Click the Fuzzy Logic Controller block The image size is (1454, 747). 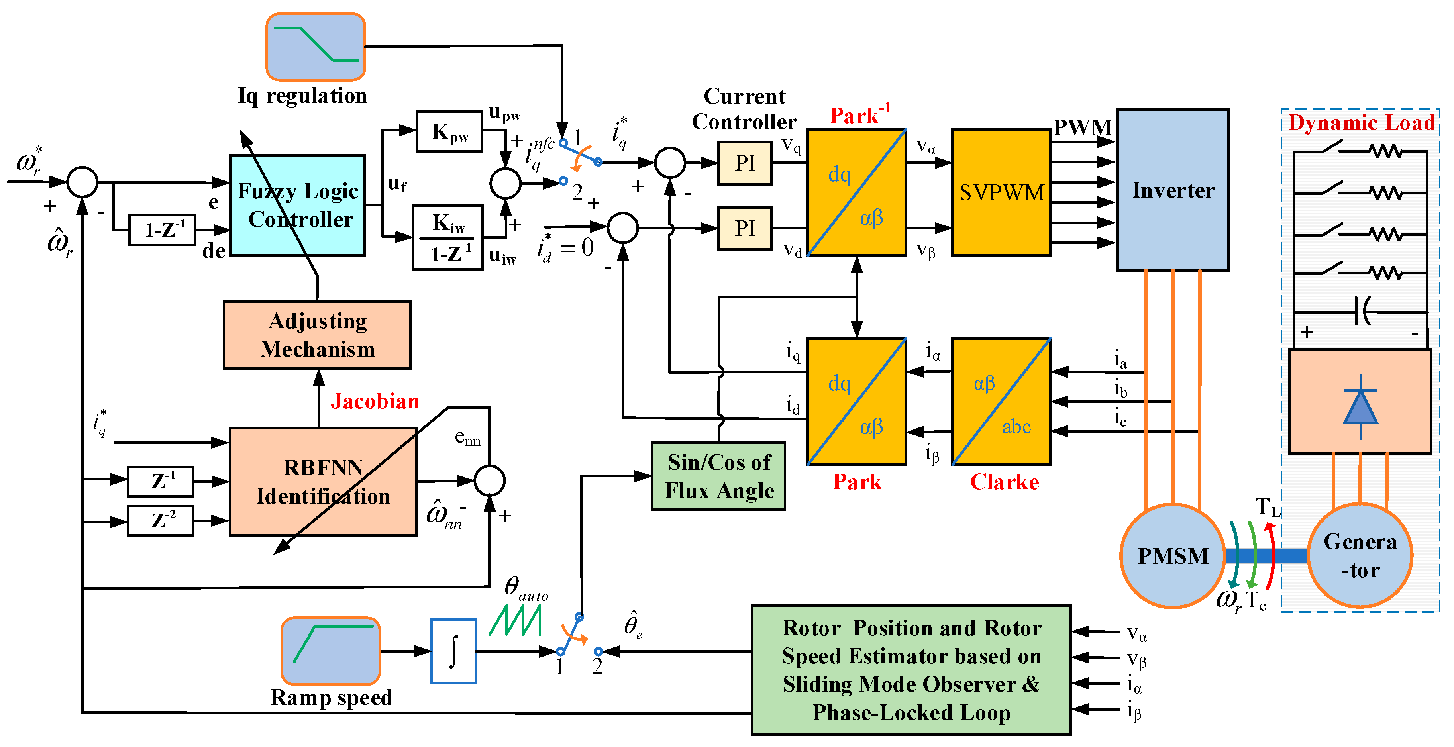[298, 205]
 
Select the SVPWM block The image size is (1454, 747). [1001, 192]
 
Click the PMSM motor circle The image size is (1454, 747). [1172, 556]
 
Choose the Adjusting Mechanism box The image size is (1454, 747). [317, 335]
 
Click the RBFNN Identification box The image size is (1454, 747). [323, 481]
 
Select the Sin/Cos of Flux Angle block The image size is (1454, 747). [718, 476]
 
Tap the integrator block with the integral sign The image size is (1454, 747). [453, 651]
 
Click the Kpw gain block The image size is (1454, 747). [449, 131]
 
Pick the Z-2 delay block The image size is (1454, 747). [161, 520]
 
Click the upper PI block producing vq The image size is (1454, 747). [744, 163]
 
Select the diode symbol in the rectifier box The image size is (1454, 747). [1360, 407]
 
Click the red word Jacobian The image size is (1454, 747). [375, 401]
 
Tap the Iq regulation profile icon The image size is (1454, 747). [316, 47]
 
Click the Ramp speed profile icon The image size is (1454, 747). [331, 651]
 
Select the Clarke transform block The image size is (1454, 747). [1001, 401]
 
